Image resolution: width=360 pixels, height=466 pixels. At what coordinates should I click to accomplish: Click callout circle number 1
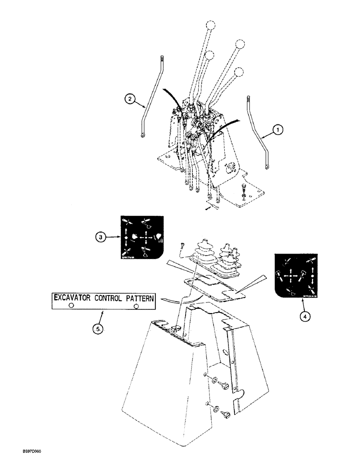click(277, 131)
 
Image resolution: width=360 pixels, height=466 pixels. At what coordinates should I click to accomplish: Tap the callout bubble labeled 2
click(130, 98)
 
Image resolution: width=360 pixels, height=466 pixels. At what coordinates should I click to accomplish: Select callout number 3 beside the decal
click(99, 237)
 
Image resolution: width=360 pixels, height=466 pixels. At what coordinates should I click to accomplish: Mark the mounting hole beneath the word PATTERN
click(137, 306)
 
